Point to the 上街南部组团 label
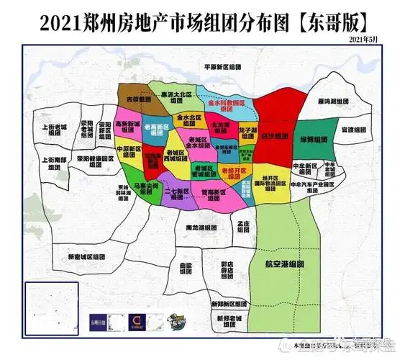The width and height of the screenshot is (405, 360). click(55, 163)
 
